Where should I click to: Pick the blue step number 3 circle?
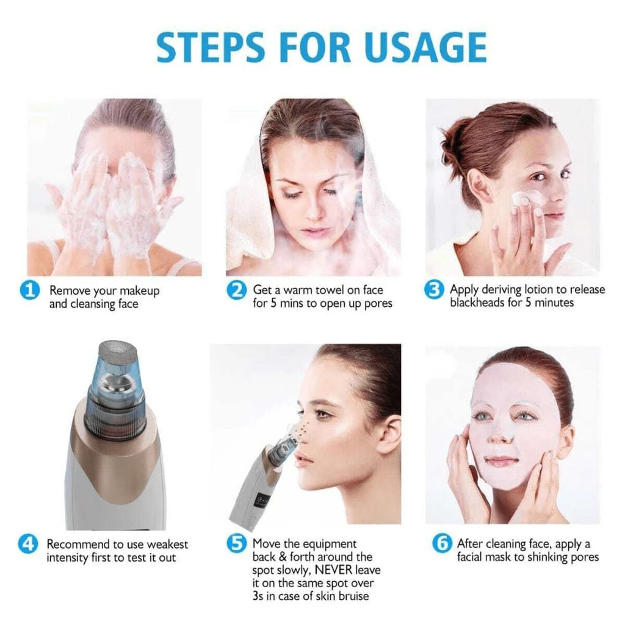click(x=434, y=289)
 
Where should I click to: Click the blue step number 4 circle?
click(x=27, y=544)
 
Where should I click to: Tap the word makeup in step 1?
click(x=137, y=291)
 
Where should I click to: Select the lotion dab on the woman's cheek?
click(x=526, y=199)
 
